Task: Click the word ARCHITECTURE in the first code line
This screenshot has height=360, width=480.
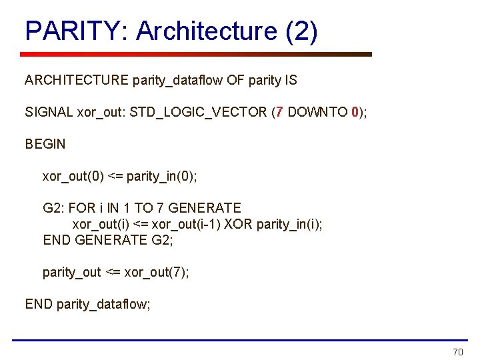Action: [x=77, y=81]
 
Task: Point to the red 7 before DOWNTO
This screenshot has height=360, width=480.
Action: [x=281, y=112]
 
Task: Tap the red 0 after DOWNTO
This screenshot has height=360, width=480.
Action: [x=355, y=112]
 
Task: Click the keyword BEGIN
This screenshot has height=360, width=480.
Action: [x=45, y=144]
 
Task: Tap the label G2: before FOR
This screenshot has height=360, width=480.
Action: [x=54, y=208]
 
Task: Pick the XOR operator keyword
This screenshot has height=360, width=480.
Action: [x=238, y=224]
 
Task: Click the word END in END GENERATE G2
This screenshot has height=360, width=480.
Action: [x=57, y=240]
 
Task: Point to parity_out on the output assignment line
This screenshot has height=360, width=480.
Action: [x=72, y=272]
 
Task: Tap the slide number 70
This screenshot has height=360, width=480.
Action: [x=457, y=352]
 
